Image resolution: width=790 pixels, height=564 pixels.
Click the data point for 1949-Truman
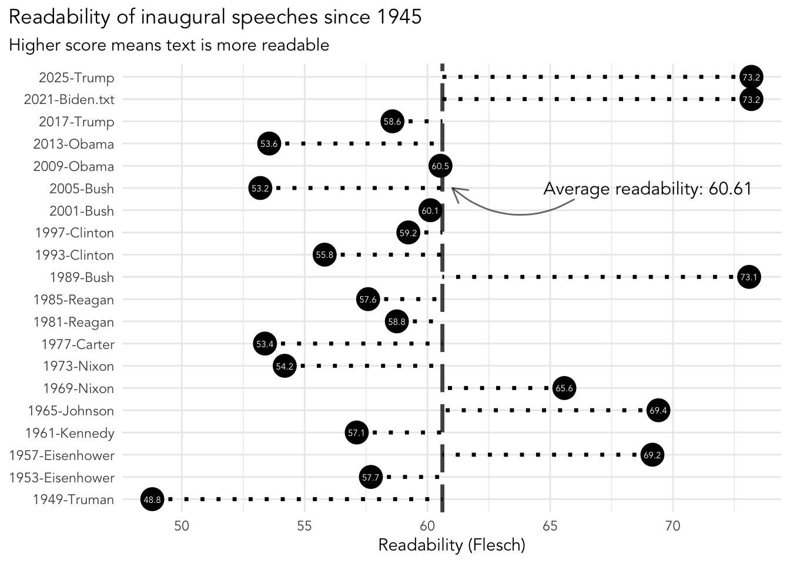pyautogui.click(x=152, y=499)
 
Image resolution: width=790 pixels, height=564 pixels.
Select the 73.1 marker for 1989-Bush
pyautogui.click(x=748, y=277)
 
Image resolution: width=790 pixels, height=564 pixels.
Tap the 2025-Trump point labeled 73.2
pyautogui.click(x=751, y=77)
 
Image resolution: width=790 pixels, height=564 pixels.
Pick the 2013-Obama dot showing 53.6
pyautogui.click(x=269, y=144)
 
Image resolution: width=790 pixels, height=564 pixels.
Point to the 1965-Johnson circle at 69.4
pyautogui.click(x=658, y=411)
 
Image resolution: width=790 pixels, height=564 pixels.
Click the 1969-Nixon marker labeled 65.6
pyautogui.click(x=564, y=388)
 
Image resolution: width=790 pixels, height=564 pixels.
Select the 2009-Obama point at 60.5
pyautogui.click(x=440, y=166)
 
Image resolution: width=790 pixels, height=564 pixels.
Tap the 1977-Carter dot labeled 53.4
pyautogui.click(x=265, y=344)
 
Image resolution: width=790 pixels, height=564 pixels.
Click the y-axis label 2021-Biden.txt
pyautogui.click(x=69, y=99)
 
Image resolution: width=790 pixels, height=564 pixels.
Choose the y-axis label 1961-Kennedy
pyautogui.click(x=70, y=433)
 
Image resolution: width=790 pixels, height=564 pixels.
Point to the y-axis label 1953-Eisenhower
pyautogui.click(x=62, y=478)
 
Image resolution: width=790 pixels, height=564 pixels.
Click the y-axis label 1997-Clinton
pyautogui.click(x=75, y=233)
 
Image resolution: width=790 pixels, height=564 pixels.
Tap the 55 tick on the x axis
pyautogui.click(x=304, y=525)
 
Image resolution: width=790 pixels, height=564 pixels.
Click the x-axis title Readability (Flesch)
pyautogui.click(x=451, y=545)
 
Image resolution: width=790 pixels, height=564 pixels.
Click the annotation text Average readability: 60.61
pyautogui.click(x=647, y=189)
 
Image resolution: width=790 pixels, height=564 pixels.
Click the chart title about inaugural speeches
pyautogui.click(x=215, y=17)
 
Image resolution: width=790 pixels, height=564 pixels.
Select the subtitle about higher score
pyautogui.click(x=169, y=45)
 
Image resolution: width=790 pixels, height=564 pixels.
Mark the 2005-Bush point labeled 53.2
pyautogui.click(x=260, y=189)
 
